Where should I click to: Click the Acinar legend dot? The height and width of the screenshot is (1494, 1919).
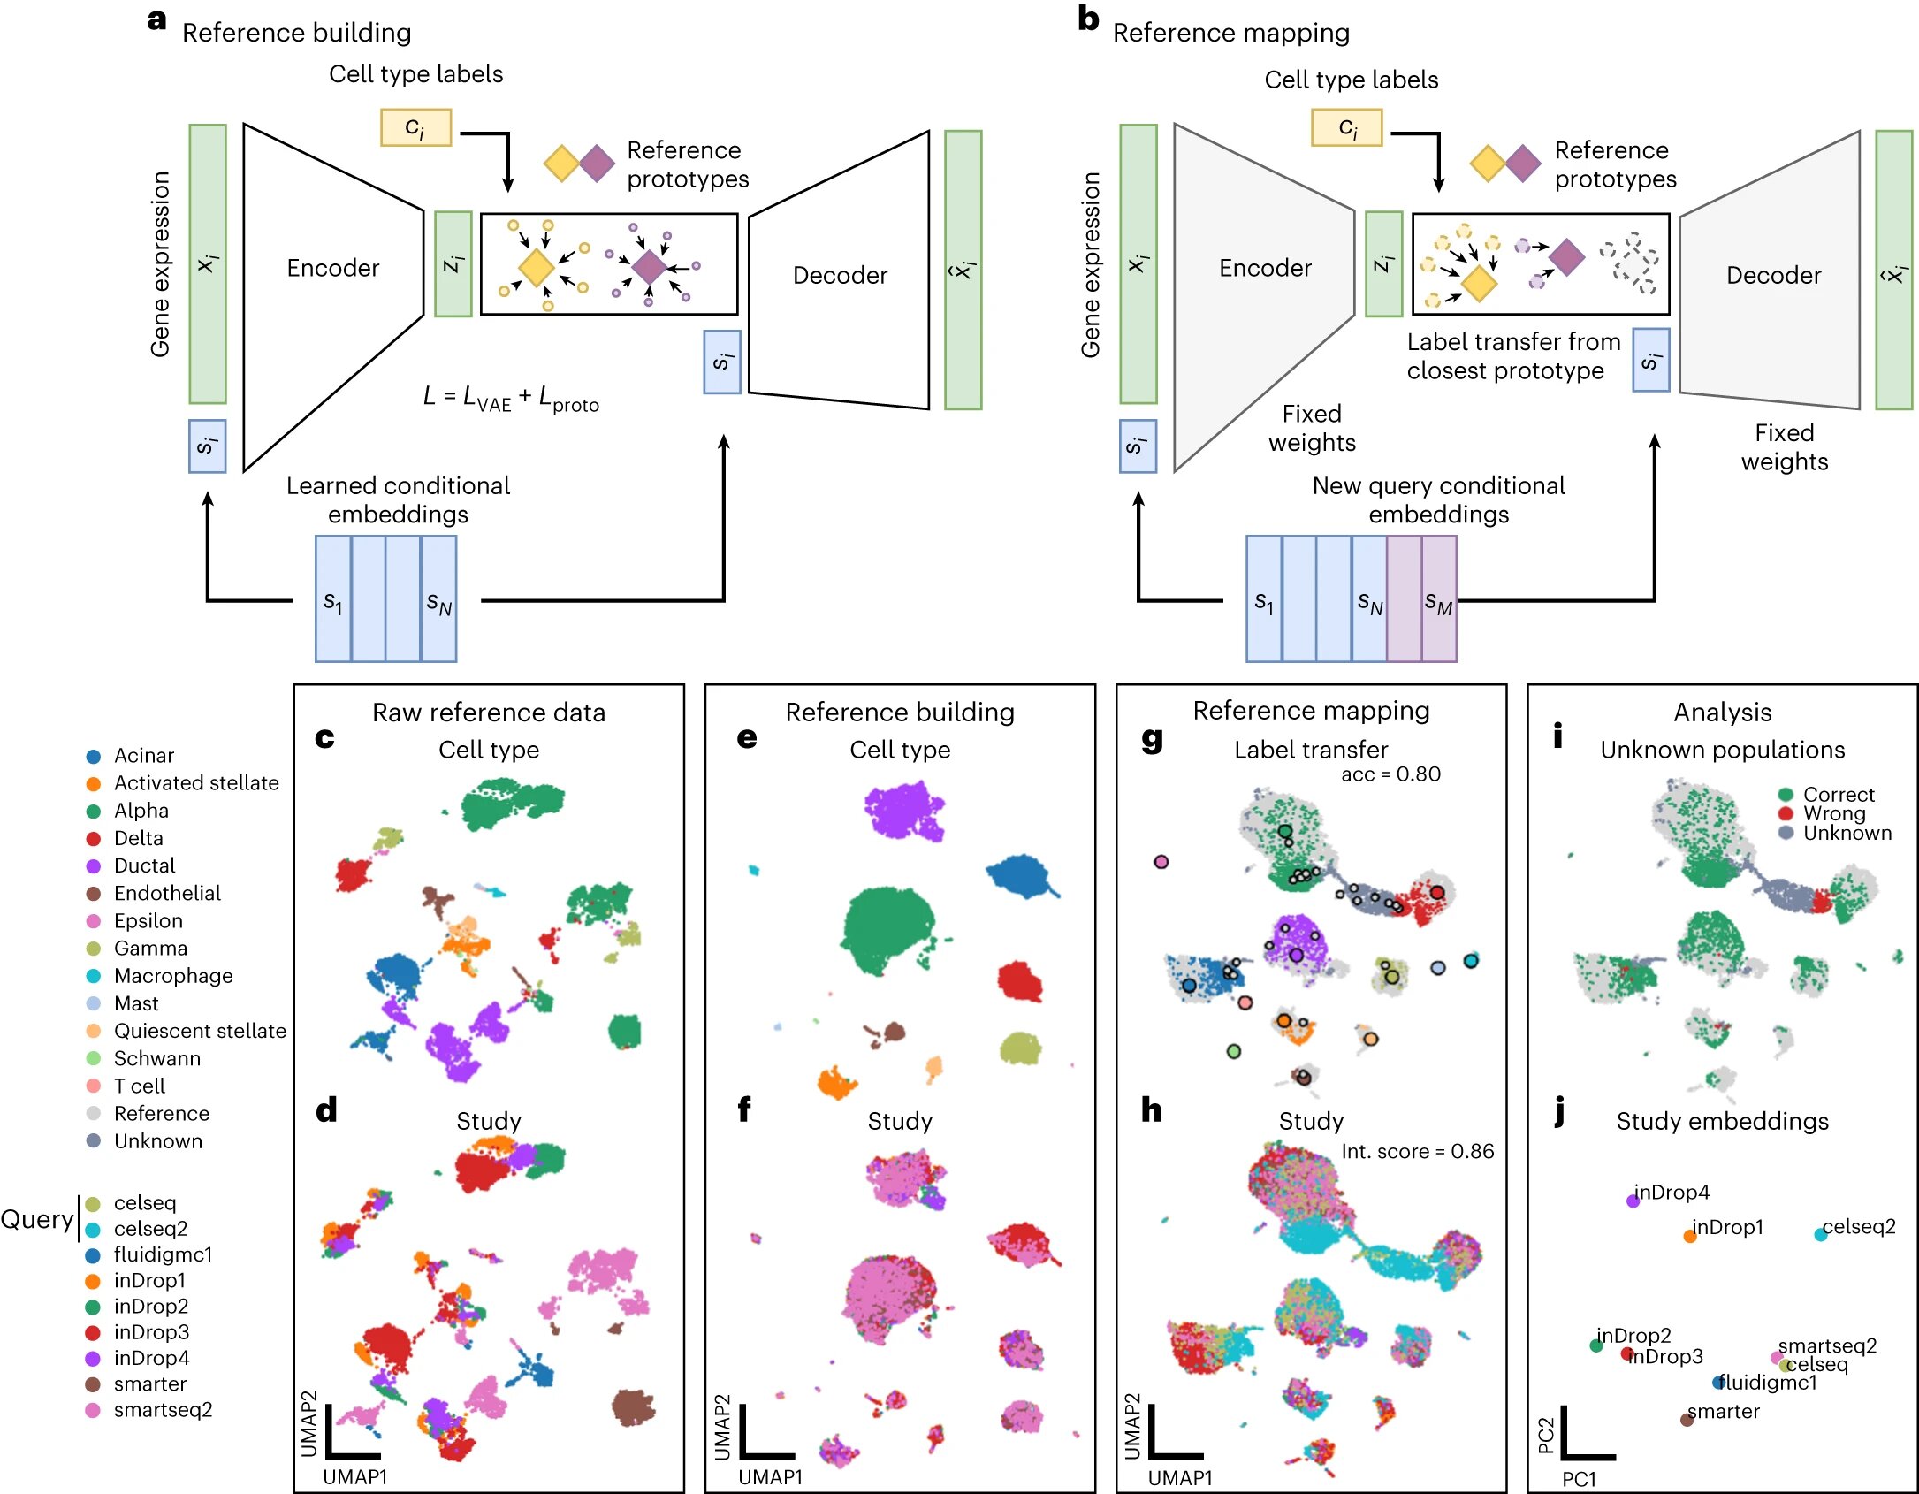(x=93, y=757)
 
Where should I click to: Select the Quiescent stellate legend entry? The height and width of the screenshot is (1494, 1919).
(x=186, y=1031)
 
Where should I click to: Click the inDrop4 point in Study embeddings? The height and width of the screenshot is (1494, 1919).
(x=1633, y=1201)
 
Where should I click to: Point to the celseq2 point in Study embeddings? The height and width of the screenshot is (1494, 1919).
(x=1821, y=1234)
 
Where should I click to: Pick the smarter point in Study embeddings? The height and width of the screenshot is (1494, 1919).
(x=1687, y=1420)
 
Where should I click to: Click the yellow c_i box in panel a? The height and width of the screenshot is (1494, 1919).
(x=415, y=127)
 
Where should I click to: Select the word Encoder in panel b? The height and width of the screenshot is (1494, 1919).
(x=1265, y=268)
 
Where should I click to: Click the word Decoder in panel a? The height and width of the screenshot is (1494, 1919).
(x=840, y=275)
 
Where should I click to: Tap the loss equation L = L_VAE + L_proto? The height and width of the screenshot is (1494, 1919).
(x=511, y=398)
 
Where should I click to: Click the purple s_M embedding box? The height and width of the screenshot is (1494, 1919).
(x=1438, y=598)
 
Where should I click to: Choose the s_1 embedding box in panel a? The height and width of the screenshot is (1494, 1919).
(x=333, y=598)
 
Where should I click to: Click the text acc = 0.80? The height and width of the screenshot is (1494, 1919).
(x=1390, y=774)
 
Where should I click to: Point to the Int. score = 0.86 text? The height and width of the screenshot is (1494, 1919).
(x=1417, y=1151)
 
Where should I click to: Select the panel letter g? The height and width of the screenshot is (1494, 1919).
(x=1152, y=739)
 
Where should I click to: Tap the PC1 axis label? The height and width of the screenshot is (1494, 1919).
(x=1579, y=1479)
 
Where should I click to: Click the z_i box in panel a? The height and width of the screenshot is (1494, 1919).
(x=453, y=263)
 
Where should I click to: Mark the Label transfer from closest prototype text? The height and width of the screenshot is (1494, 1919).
(x=1512, y=356)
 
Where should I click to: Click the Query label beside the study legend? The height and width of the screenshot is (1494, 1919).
(x=37, y=1219)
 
